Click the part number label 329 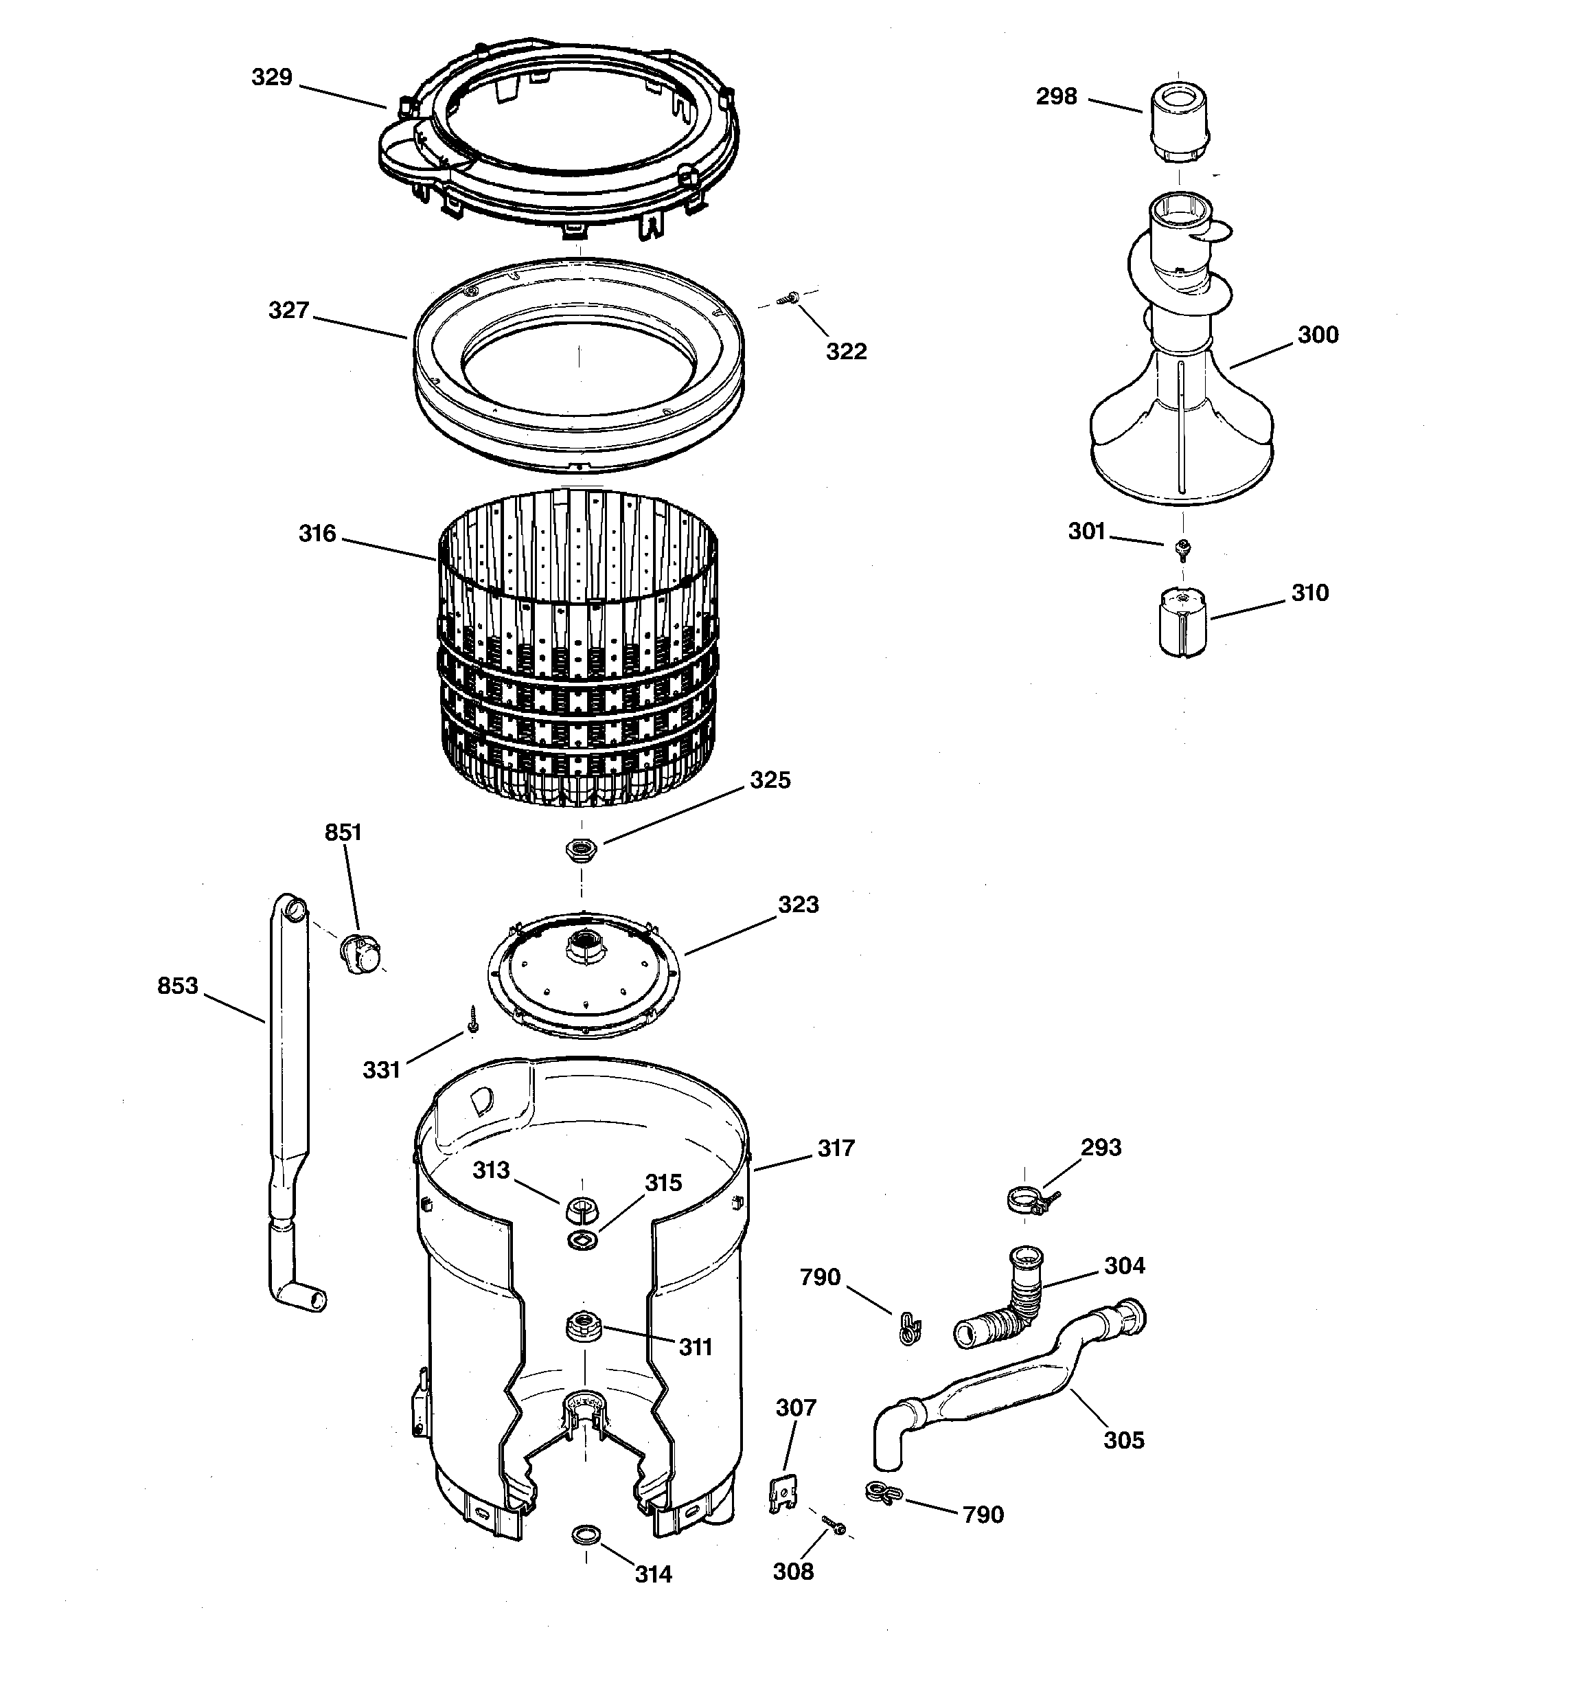click(272, 78)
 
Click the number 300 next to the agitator click(1318, 335)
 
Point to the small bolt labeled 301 click(1183, 547)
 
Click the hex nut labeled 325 click(582, 849)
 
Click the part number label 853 click(177, 986)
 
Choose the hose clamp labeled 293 click(1029, 1201)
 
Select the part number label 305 click(1123, 1441)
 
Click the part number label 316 click(317, 534)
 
